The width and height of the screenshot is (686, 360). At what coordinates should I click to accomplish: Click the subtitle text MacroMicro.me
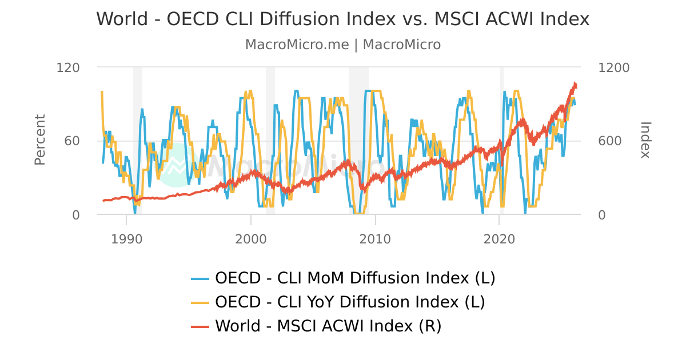click(297, 45)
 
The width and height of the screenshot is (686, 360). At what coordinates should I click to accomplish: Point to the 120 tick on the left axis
click(68, 67)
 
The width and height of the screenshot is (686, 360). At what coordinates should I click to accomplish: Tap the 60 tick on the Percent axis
click(72, 141)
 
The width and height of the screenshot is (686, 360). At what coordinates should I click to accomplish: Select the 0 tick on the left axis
click(76, 215)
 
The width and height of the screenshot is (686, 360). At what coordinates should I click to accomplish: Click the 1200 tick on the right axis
click(613, 67)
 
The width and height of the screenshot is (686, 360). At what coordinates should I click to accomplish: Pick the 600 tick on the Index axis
click(609, 141)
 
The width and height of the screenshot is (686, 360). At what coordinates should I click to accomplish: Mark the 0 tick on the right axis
click(602, 215)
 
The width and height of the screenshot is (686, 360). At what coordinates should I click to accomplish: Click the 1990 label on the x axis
click(126, 239)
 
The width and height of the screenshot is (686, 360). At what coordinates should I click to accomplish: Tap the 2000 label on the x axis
click(250, 239)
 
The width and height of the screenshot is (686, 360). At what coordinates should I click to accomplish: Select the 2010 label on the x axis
click(375, 239)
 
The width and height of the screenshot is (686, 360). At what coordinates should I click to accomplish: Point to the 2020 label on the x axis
click(499, 239)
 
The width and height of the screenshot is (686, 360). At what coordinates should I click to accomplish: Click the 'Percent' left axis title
click(39, 140)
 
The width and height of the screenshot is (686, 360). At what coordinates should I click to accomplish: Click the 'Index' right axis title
click(645, 140)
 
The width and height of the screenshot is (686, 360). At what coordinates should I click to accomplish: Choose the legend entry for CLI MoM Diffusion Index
click(354, 278)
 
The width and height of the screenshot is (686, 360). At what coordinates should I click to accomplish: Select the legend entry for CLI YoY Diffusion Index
click(350, 302)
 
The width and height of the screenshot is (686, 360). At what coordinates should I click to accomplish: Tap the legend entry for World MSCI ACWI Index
click(328, 326)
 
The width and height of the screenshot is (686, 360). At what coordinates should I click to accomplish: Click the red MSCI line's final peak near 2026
click(575, 83)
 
